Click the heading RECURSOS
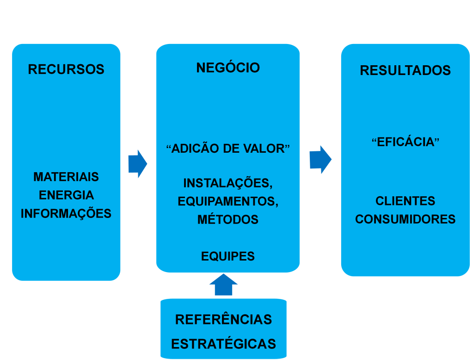click(x=66, y=69)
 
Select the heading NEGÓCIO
click(x=228, y=68)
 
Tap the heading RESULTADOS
click(x=405, y=70)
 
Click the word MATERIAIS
click(x=66, y=177)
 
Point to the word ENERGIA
click(x=66, y=195)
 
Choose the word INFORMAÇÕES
click(x=66, y=213)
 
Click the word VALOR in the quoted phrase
click(x=269, y=149)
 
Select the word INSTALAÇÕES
click(x=227, y=183)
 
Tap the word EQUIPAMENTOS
click(x=228, y=201)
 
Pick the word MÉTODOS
click(x=228, y=219)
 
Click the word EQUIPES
click(x=228, y=256)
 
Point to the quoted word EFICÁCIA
click(x=405, y=142)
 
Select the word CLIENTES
click(x=405, y=201)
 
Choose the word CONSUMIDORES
click(x=405, y=219)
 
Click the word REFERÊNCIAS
click(x=223, y=319)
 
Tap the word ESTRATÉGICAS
click(x=223, y=344)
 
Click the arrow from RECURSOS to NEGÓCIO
click(x=137, y=163)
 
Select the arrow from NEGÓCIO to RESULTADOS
click(x=320, y=160)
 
